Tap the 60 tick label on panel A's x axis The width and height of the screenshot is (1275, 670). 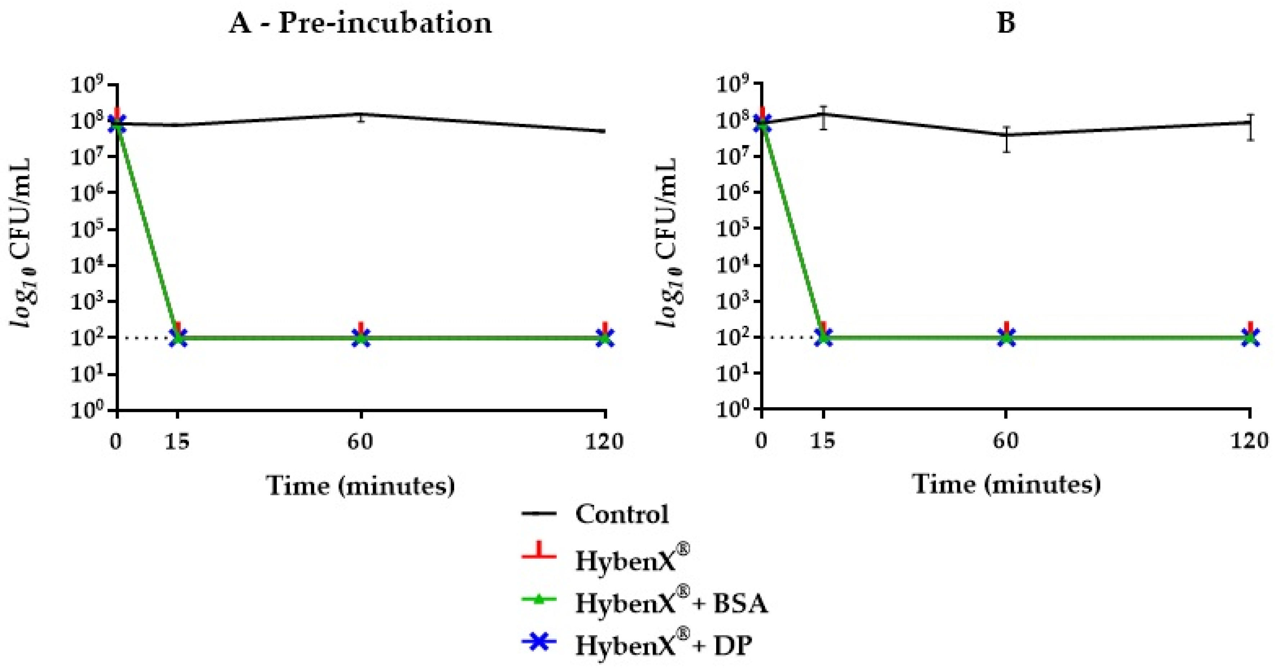pos(360,441)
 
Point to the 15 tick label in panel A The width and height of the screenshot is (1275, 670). pos(177,441)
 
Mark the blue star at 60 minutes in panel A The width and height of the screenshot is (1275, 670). pos(361,338)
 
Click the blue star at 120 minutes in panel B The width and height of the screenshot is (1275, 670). pos(1250,338)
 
